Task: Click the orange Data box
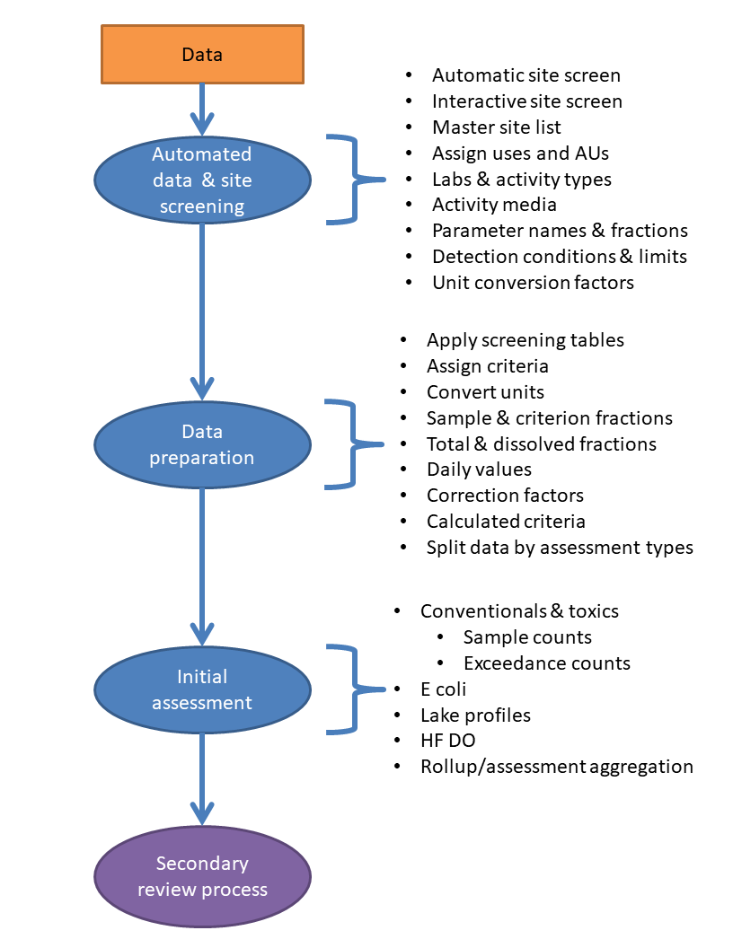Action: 202,54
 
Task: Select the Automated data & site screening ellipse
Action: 202,180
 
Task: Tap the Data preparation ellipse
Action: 202,444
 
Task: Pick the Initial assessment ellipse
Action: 202,689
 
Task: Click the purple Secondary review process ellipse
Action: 202,876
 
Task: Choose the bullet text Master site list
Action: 497,127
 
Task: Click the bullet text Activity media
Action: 494,205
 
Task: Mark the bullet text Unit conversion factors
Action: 533,283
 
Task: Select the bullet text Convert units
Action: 485,392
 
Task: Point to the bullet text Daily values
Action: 479,470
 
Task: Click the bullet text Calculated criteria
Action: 506,522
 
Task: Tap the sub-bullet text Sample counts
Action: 527,637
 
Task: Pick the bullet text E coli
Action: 443,689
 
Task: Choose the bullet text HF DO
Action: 447,741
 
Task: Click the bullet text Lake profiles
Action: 475,715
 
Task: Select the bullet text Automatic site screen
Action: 525,75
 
